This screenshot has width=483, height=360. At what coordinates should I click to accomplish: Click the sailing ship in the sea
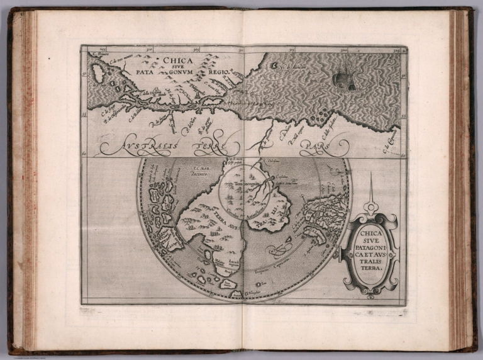(343, 79)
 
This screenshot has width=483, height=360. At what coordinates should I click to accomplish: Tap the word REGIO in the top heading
(212, 72)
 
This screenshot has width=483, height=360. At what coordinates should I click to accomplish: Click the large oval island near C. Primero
(98, 74)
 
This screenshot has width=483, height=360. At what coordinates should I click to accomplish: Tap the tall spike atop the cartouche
(370, 189)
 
